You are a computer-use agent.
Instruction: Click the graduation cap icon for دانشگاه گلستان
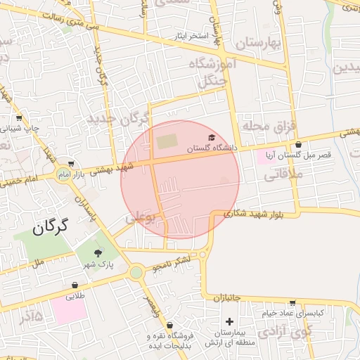click(x=212, y=138)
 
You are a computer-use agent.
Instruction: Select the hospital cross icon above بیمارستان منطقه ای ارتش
click(x=229, y=321)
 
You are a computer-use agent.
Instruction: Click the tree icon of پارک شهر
click(x=98, y=253)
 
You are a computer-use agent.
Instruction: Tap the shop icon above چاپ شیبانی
click(x=19, y=118)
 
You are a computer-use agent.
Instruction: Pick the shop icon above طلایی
click(x=75, y=285)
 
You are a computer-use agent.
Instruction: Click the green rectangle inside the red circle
click(x=167, y=141)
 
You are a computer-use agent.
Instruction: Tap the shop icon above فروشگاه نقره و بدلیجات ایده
click(x=169, y=326)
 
